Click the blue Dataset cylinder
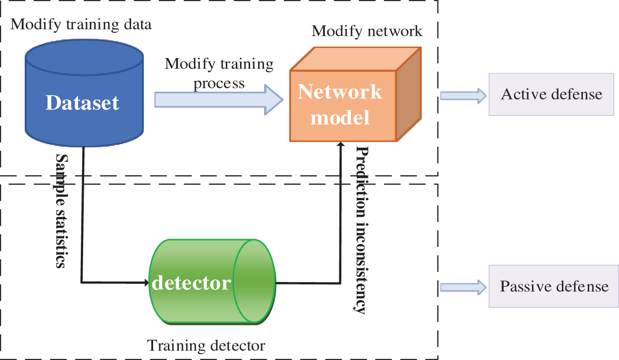pyautogui.click(x=84, y=93)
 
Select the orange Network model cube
pyautogui.click(x=355, y=94)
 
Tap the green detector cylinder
pyautogui.click(x=212, y=282)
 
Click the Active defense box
pyautogui.click(x=551, y=94)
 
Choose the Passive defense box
pyautogui.click(x=554, y=286)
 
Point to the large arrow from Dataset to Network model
pyautogui.click(x=219, y=100)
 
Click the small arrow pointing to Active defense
pyautogui.click(x=463, y=96)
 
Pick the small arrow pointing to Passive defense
pyautogui.click(x=463, y=287)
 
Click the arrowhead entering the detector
pyautogui.click(x=146, y=282)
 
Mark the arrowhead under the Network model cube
pyautogui.click(x=341, y=144)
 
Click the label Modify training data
pyautogui.click(x=81, y=25)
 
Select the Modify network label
pyautogui.click(x=367, y=31)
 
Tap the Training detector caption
pyautogui.click(x=206, y=346)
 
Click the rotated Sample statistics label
pyautogui.click(x=61, y=211)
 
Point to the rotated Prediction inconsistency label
pyautogui.click(x=361, y=230)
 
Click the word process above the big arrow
pyautogui.click(x=219, y=84)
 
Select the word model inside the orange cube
pyautogui.click(x=340, y=118)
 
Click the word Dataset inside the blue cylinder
pyautogui.click(x=82, y=103)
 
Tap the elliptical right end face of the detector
pyautogui.click(x=254, y=281)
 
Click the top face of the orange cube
pyautogui.click(x=356, y=58)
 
